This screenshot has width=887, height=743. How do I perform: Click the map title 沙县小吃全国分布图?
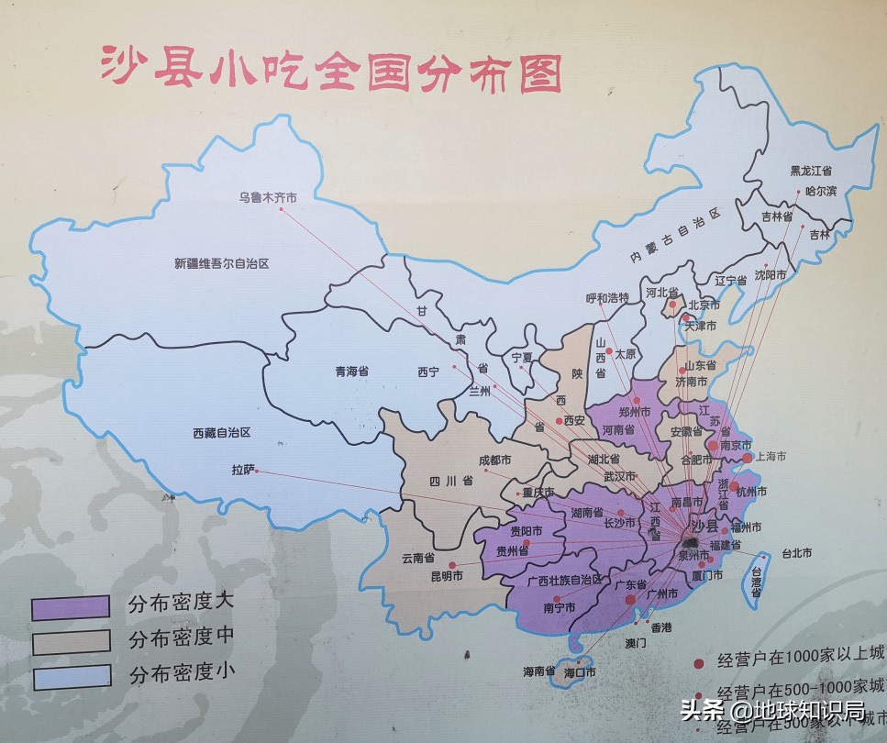pyautogui.click(x=330, y=71)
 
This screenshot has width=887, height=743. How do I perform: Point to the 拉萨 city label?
pyautogui.click(x=242, y=471)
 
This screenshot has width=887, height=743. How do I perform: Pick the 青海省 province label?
pyautogui.click(x=351, y=372)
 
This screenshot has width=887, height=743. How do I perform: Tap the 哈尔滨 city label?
pyautogui.click(x=821, y=191)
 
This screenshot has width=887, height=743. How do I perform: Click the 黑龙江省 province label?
pyautogui.click(x=811, y=171)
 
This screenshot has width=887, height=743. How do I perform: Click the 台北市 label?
pyautogui.click(x=795, y=553)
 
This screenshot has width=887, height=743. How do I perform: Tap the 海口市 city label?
pyautogui.click(x=579, y=671)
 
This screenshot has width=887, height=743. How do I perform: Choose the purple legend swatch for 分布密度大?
pyautogui.click(x=71, y=606)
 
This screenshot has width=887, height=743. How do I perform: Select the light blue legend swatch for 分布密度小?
pyautogui.click(x=71, y=676)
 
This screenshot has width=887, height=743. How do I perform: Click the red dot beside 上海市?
pyautogui.click(x=747, y=457)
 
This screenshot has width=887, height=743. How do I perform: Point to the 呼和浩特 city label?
pyautogui.click(x=607, y=297)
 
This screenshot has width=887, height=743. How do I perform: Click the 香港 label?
pyautogui.click(x=661, y=627)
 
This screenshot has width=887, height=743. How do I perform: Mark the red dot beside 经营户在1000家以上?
pyautogui.click(x=699, y=662)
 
